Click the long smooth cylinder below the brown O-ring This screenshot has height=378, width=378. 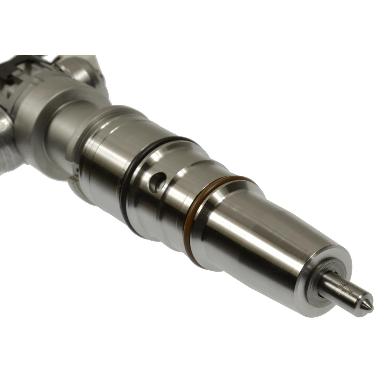click(x=257, y=247)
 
